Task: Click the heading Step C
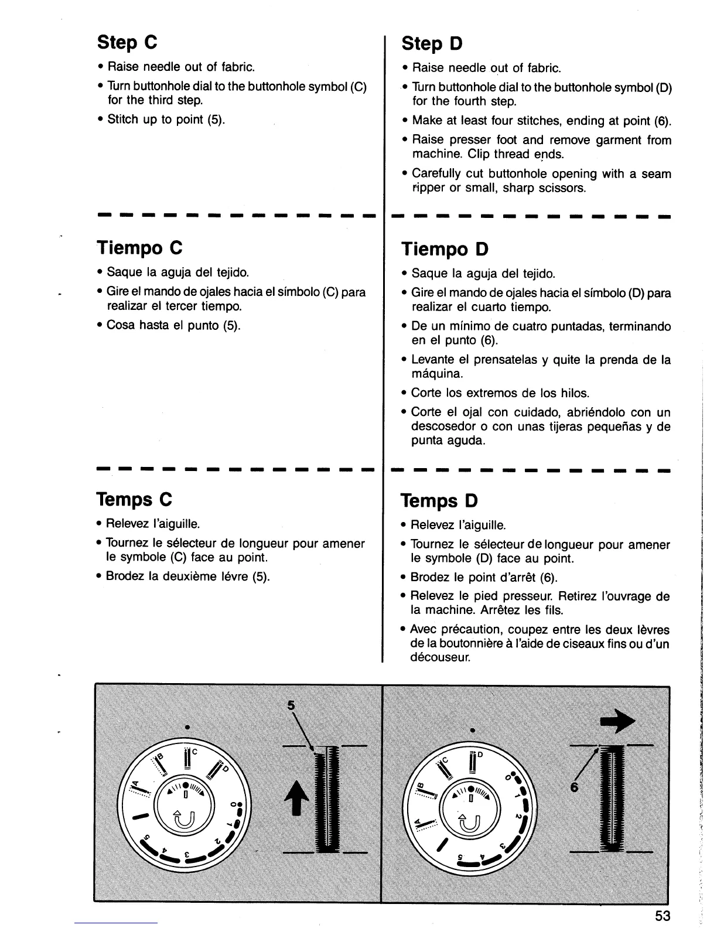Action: coord(127,42)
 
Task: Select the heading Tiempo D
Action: coord(445,250)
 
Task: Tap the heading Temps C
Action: coord(134,500)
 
